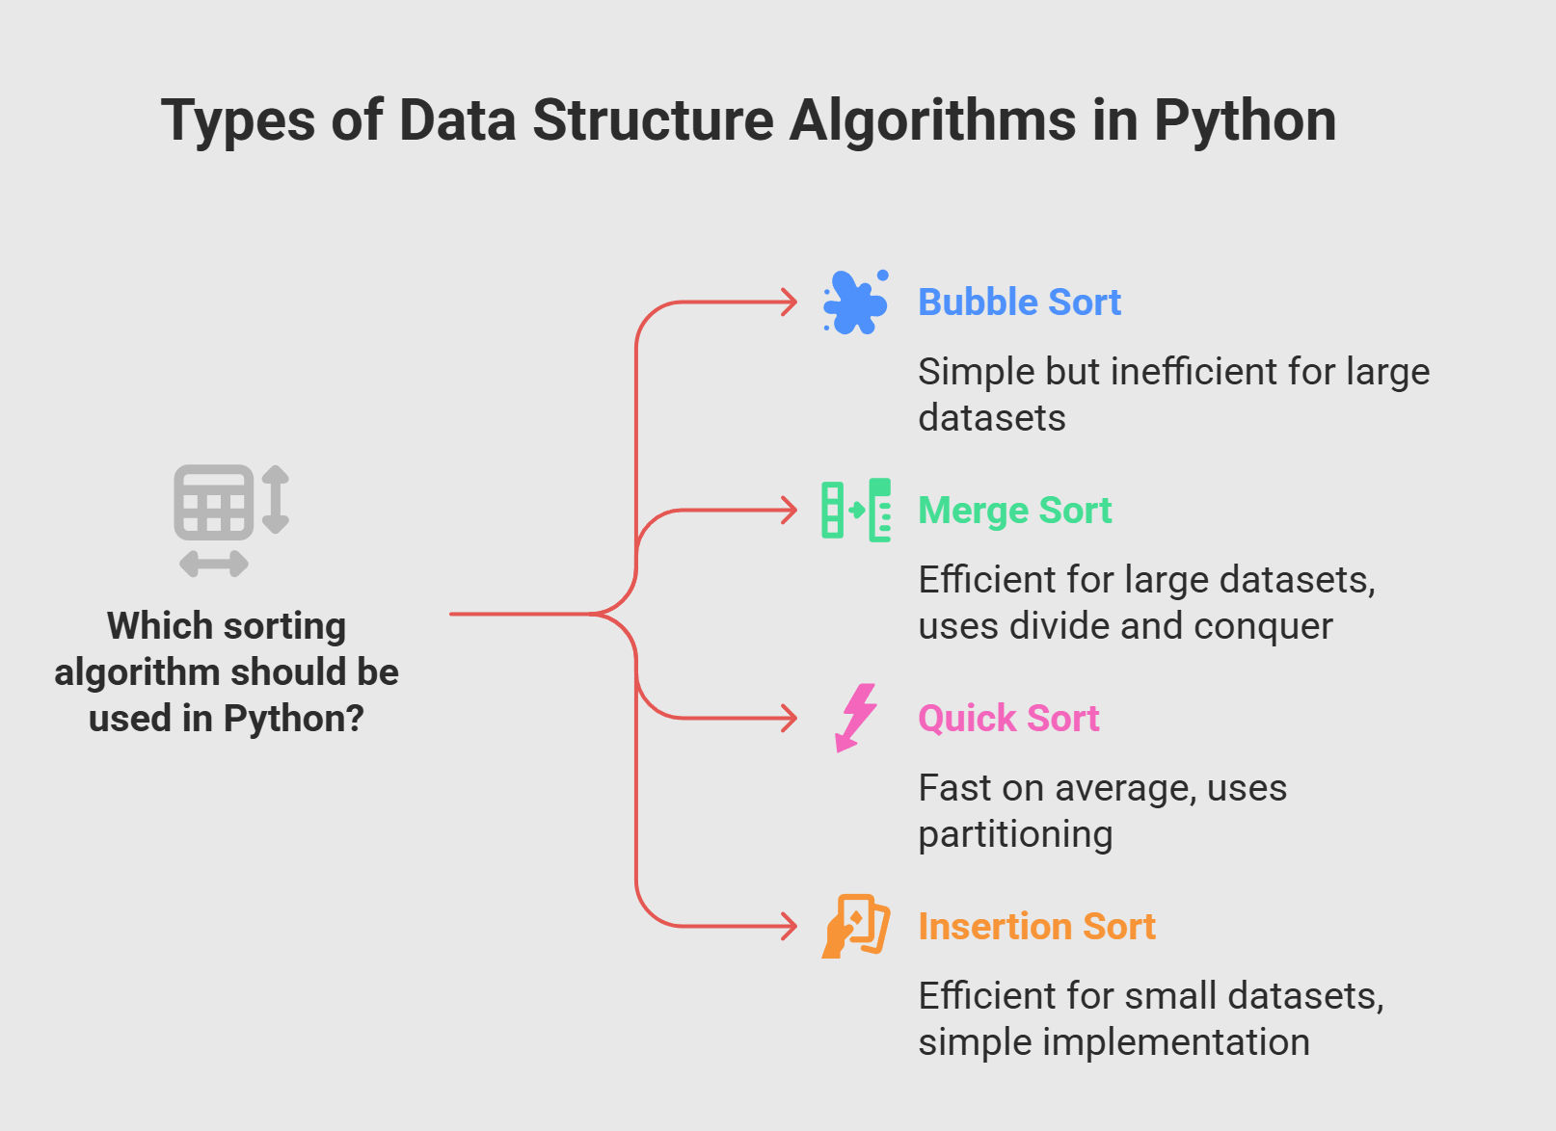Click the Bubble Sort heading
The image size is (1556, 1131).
tap(1019, 302)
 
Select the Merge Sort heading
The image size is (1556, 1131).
tap(1015, 511)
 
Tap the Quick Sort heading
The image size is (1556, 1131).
tap(1008, 719)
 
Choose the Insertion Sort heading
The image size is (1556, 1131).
tap(1036, 927)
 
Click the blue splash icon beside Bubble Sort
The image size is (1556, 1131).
tap(855, 302)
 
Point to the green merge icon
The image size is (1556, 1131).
tap(856, 511)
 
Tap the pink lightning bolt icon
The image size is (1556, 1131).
tap(856, 718)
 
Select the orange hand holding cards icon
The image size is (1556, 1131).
tap(856, 927)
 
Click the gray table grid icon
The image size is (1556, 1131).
tap(214, 503)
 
